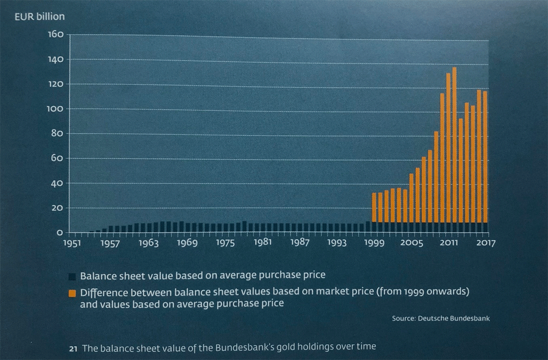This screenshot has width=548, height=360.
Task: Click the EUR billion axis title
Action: point(40,16)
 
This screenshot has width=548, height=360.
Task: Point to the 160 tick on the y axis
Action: point(55,34)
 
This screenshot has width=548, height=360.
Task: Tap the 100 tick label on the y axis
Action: point(55,109)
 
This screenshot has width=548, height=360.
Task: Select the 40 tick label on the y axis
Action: point(57,183)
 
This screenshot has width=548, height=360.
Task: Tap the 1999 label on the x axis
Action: point(374,243)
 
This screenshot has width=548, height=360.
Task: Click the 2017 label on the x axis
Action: point(485,243)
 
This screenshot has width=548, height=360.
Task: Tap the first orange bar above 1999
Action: point(374,207)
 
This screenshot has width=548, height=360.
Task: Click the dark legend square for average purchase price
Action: point(72,275)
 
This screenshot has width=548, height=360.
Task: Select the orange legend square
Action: point(72,293)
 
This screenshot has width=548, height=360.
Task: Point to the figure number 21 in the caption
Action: point(72,348)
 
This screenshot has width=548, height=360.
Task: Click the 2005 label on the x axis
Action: point(412,243)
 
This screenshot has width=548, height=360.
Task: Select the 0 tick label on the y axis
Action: point(60,233)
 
